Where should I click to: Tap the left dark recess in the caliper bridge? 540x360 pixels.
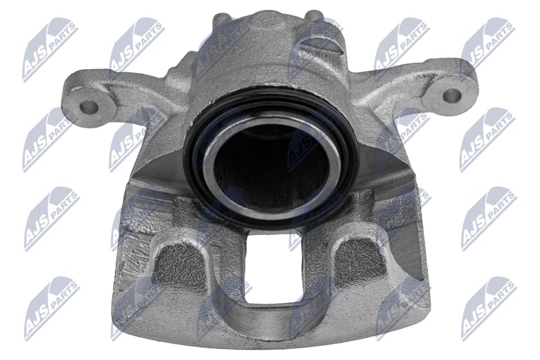179,264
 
